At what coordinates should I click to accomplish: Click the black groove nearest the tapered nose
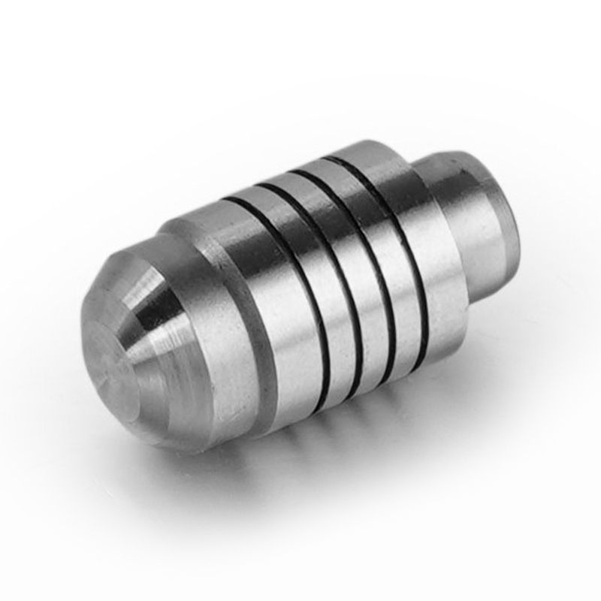tap(300, 300)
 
